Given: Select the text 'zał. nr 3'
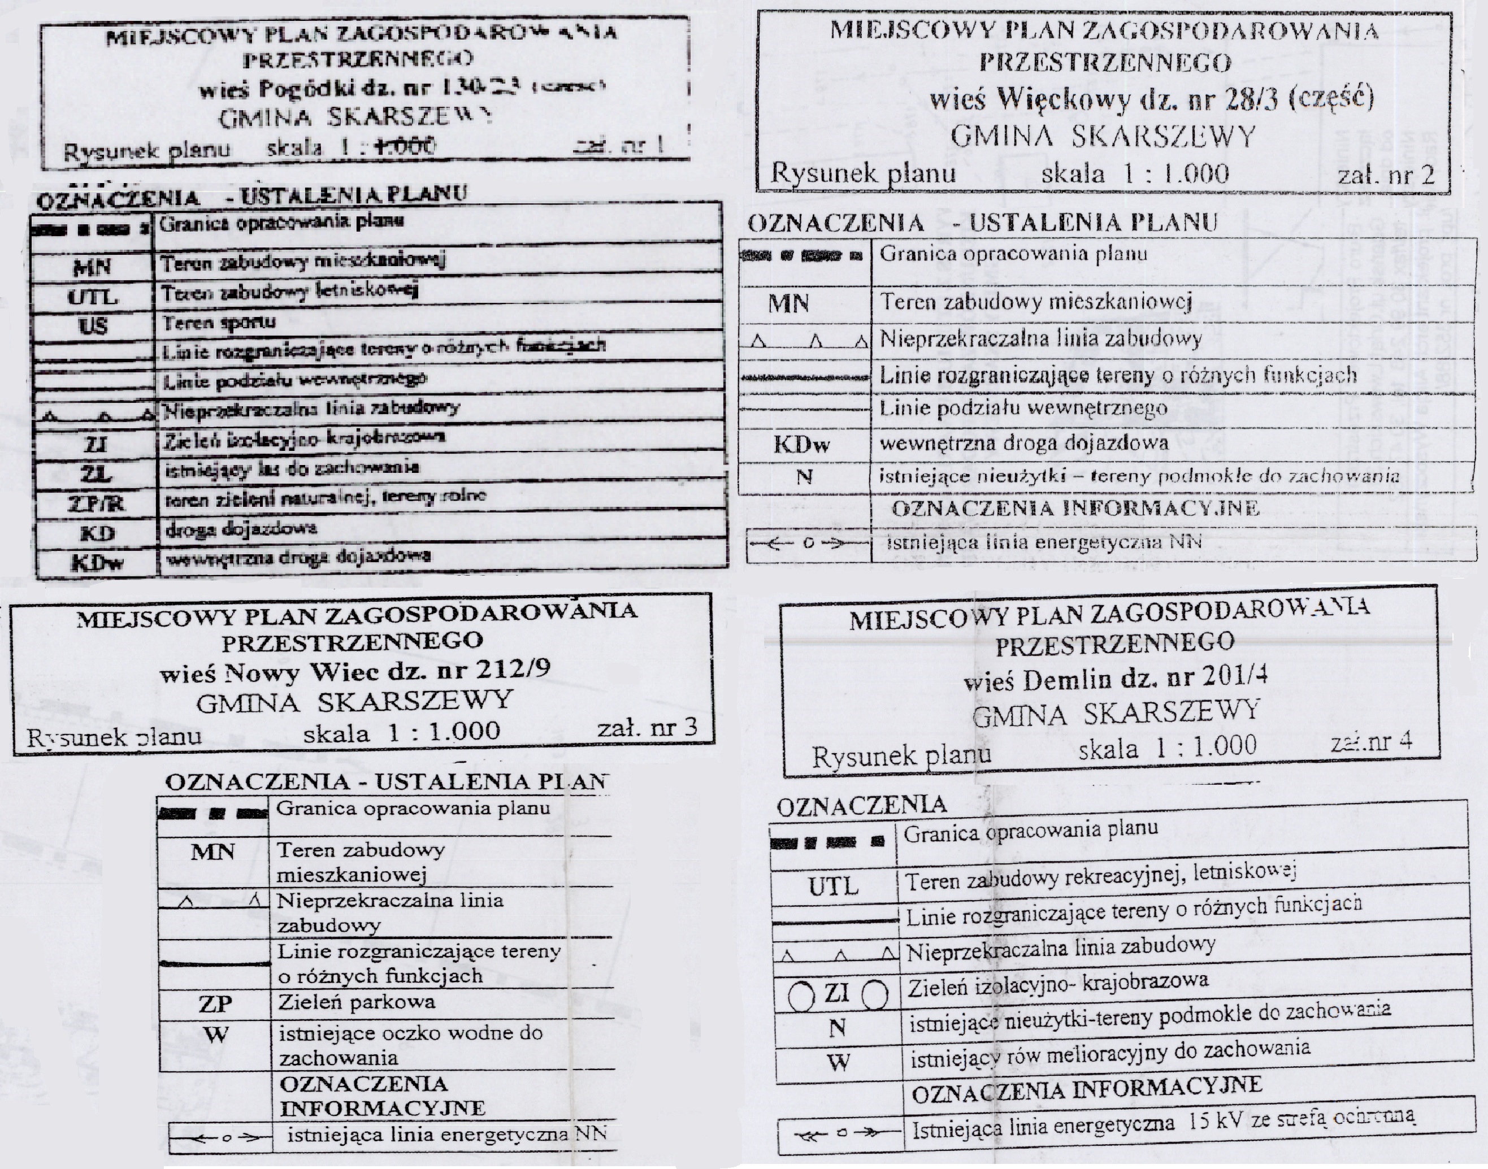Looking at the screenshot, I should click(x=647, y=728).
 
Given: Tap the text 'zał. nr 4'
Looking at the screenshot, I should click(x=1371, y=742).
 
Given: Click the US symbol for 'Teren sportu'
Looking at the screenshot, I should click(x=93, y=325).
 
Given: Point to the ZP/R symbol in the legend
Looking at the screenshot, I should click(x=96, y=505).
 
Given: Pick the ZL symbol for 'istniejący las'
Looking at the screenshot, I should click(x=96, y=474).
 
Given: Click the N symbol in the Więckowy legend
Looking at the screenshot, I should click(x=804, y=476).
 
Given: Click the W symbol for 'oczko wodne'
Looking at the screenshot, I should click(x=216, y=1034).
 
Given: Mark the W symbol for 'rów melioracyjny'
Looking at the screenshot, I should click(x=838, y=1063).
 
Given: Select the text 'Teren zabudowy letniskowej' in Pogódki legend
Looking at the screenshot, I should click(x=289, y=293).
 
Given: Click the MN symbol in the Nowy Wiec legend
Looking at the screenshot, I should click(x=213, y=852).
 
